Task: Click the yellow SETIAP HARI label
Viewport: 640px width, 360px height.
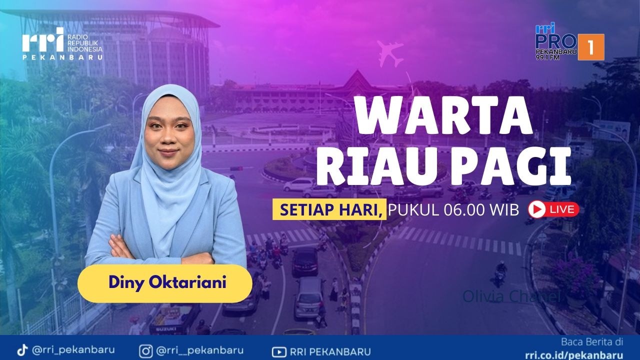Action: click(x=329, y=209)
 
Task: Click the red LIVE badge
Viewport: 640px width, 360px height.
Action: click(x=553, y=209)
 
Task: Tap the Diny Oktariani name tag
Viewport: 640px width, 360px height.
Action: click(x=165, y=283)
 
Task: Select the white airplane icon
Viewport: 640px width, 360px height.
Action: click(x=390, y=53)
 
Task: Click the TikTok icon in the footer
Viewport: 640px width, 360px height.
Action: click(x=22, y=350)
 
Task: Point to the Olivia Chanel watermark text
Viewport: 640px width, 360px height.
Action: click(x=510, y=296)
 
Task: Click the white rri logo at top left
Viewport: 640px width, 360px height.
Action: click(x=42, y=40)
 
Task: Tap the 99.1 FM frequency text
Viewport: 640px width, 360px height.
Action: click(x=547, y=57)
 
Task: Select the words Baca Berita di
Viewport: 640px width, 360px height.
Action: click(x=592, y=342)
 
